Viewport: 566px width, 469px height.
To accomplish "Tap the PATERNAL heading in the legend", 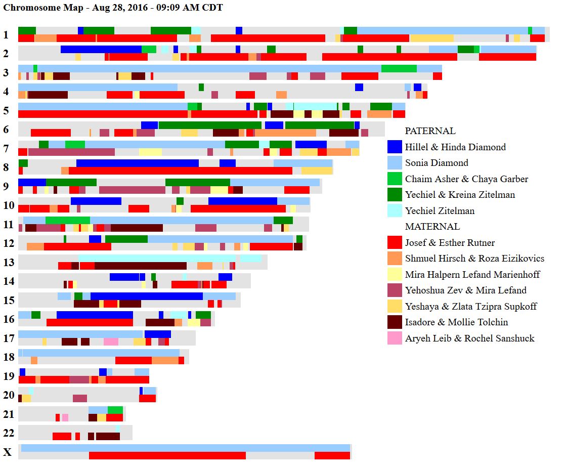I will tap(430, 131).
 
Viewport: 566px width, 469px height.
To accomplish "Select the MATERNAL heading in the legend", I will tap(432, 227).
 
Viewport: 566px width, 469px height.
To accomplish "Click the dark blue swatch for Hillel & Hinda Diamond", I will tap(395, 147).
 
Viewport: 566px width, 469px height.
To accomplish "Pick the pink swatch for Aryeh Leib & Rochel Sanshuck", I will tap(395, 338).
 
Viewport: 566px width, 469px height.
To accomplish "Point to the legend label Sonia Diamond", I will tap(436, 163).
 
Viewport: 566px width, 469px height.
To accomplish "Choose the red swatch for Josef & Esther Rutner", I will tap(395, 243).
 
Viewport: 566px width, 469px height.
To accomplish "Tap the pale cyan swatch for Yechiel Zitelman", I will tap(395, 211).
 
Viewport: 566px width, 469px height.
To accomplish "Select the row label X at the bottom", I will tap(8, 452).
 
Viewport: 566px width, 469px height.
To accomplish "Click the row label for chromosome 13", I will tap(9, 262).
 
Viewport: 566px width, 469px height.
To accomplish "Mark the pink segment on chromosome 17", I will tap(111, 342).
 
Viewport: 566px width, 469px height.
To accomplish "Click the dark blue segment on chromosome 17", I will tap(157, 334).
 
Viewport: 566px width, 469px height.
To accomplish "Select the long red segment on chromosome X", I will tap(167, 456).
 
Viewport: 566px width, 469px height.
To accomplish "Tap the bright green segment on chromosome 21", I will tap(115, 410).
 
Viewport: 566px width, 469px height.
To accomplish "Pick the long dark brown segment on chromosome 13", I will tap(140, 266).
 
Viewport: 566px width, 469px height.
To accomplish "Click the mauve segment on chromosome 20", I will tap(79, 399).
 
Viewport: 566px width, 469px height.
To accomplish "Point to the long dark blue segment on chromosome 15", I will tap(146, 296).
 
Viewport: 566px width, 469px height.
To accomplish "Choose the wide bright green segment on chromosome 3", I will tap(399, 69).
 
